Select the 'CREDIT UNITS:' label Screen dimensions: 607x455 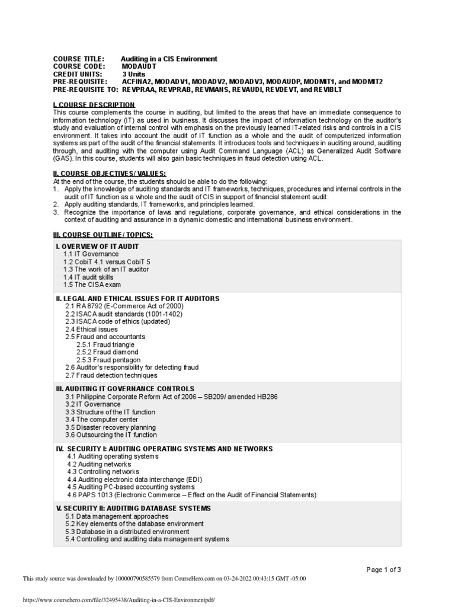click(77, 74)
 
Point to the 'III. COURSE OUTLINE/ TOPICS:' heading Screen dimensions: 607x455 click(103, 235)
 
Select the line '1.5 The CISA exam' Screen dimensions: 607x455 click(92, 285)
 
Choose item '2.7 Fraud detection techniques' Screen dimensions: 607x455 click(111, 375)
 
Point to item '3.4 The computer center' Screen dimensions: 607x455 click(102, 419)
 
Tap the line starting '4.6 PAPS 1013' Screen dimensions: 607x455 click(191, 494)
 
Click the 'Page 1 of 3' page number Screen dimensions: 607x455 click(384, 570)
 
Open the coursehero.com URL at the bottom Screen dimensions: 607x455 click(118, 599)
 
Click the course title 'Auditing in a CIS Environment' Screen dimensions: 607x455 click(169, 59)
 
